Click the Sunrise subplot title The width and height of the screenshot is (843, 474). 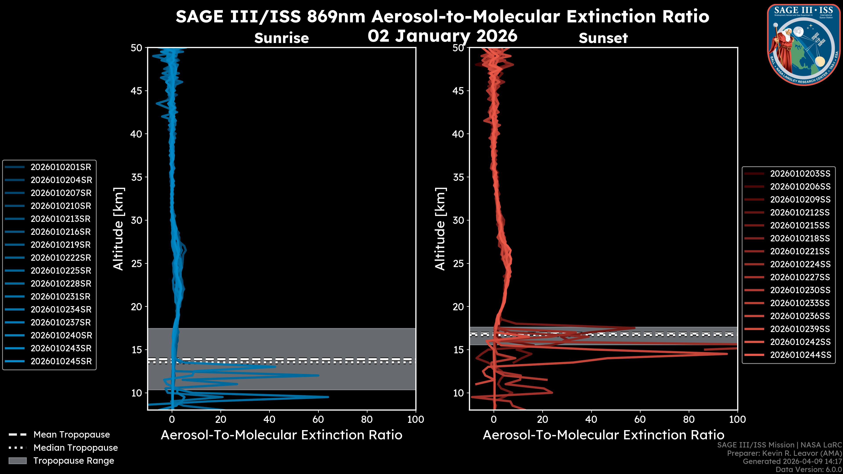[x=281, y=38]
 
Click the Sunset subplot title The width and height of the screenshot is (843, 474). [x=603, y=38]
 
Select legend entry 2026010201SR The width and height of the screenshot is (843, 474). [x=61, y=167]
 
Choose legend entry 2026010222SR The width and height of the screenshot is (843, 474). [x=61, y=258]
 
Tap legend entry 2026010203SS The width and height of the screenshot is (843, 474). [x=800, y=174]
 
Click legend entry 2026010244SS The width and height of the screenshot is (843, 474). [x=800, y=355]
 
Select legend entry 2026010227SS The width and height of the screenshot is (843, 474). [x=800, y=277]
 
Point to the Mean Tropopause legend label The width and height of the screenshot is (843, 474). [x=72, y=435]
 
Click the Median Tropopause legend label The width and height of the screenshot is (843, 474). [x=76, y=448]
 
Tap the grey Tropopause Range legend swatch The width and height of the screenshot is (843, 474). [x=18, y=461]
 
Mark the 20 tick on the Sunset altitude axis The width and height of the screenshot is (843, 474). [x=458, y=307]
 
